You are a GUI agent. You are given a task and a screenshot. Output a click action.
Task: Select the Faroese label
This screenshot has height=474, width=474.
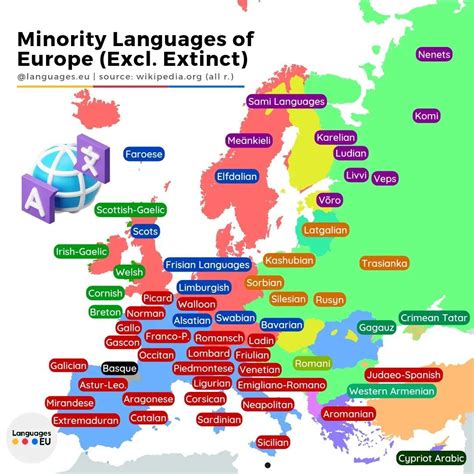144,154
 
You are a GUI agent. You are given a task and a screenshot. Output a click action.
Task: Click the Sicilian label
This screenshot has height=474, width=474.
273,441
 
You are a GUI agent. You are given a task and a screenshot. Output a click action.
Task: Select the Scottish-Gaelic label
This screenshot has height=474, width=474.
131,210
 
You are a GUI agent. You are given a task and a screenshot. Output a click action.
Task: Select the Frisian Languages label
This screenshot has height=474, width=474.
208,265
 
